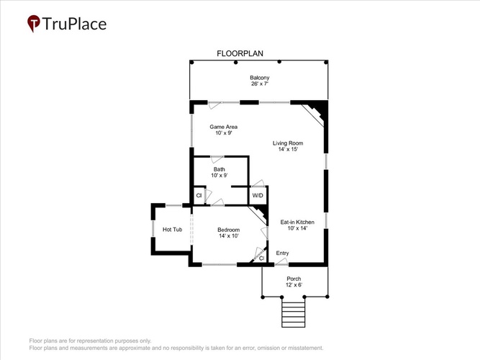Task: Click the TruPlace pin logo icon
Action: [x=34, y=23]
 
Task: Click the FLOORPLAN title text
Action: [x=240, y=53]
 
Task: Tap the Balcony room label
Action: [x=260, y=78]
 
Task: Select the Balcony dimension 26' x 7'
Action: [x=260, y=84]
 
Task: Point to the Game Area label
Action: [x=224, y=127]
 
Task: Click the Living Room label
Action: [x=288, y=143]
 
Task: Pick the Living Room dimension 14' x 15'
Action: [x=288, y=149]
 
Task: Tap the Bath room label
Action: [x=219, y=169]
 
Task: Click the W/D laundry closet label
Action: [x=258, y=195]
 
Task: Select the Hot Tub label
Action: [x=172, y=230]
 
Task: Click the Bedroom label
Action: [x=229, y=230]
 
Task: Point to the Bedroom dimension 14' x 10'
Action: [x=229, y=236]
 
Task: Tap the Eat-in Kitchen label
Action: [x=297, y=222]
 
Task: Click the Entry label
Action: [x=282, y=253]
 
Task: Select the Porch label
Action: [x=294, y=279]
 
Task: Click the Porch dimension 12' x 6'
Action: [x=294, y=285]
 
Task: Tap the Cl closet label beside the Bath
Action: [x=199, y=195]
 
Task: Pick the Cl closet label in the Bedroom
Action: [x=262, y=258]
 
